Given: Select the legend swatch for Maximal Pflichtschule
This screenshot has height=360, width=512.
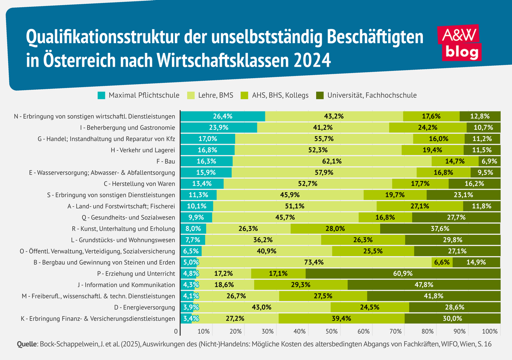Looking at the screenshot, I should tap(102, 95).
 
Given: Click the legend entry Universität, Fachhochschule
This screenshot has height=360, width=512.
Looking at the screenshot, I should tap(366, 95).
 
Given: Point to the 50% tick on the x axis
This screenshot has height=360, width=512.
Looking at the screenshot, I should tap(332, 331).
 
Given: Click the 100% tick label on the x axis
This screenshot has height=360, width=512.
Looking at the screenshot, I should tap(490, 331).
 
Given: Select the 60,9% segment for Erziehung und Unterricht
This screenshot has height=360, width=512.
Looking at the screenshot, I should tap(403, 274).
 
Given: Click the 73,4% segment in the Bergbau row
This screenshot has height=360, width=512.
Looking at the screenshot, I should tap(315, 262).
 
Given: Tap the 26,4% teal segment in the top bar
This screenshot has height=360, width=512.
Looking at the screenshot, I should tap(223, 116).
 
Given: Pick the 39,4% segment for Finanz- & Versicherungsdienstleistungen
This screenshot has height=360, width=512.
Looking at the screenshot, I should tap(341, 319).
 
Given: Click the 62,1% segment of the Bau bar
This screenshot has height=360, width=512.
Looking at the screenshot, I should tap(332, 161).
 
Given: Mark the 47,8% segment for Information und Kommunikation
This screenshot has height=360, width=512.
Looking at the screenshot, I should tap(424, 285).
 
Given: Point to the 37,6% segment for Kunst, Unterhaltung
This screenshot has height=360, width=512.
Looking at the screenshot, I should tap(440, 228).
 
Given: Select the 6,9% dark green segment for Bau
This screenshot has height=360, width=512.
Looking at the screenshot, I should tap(489, 161).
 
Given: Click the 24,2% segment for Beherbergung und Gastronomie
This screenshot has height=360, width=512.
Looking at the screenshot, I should tap(428, 127).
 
